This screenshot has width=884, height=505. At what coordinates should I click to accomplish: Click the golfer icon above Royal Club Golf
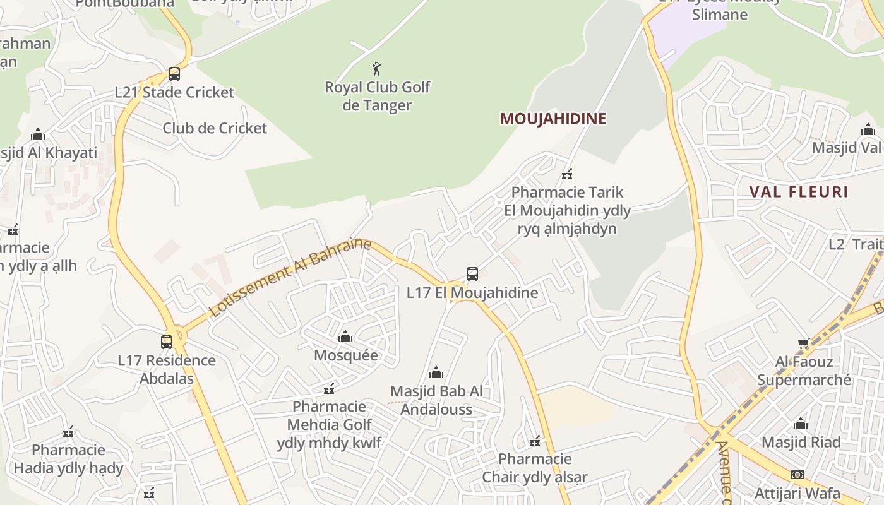(x=377, y=69)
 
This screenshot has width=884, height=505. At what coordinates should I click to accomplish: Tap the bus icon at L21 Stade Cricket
(x=174, y=74)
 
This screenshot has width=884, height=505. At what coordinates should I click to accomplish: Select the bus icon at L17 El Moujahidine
(x=472, y=274)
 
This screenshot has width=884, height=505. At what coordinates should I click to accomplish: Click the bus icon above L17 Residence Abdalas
(x=167, y=342)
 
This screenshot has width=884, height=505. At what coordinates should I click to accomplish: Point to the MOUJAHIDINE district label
(x=553, y=119)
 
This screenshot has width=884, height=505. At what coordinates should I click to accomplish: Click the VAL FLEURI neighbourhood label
(x=799, y=192)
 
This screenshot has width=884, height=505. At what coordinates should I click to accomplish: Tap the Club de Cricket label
(x=215, y=128)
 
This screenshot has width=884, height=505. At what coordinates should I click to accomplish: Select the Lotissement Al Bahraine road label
(x=290, y=277)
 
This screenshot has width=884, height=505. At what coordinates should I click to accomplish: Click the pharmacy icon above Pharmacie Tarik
(x=567, y=174)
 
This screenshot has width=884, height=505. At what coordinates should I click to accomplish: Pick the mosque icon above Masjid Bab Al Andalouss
(x=436, y=373)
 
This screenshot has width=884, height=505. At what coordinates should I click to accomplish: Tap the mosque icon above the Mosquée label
(x=345, y=337)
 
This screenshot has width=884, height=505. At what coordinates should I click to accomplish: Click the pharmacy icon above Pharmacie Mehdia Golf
(x=329, y=388)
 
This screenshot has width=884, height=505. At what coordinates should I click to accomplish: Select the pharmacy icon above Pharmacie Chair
(x=535, y=441)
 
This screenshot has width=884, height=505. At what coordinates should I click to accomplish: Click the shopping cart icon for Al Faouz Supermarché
(x=804, y=344)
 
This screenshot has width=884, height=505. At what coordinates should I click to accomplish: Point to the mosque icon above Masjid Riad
(x=801, y=424)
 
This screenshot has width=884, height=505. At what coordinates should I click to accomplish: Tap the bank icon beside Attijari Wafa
(x=797, y=475)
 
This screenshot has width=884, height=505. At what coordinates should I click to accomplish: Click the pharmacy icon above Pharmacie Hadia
(x=68, y=432)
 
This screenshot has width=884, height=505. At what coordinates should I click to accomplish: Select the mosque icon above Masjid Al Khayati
(x=38, y=135)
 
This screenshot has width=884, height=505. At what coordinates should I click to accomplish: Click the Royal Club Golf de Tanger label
(x=377, y=96)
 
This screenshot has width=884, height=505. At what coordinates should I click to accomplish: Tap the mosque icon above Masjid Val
(x=868, y=130)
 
